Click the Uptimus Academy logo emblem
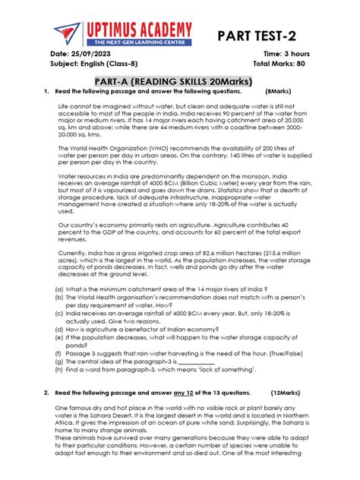[x=66, y=33]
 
